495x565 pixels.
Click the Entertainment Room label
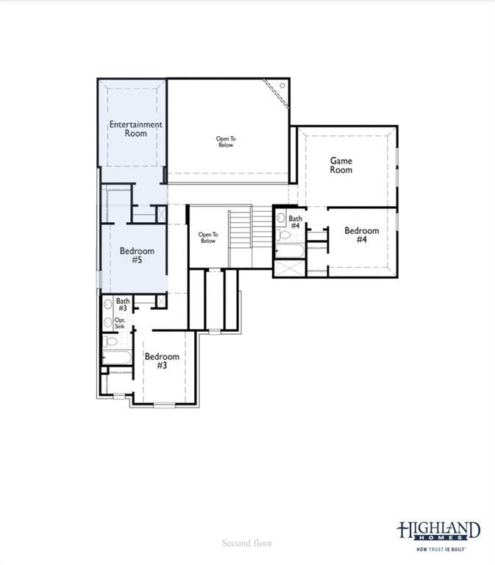(x=135, y=129)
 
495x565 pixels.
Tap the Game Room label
(x=341, y=166)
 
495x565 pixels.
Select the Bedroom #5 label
(x=137, y=255)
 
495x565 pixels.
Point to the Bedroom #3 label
(x=162, y=361)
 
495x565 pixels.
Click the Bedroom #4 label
(x=361, y=235)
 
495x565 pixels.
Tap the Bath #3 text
(x=123, y=305)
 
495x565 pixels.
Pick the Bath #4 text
(x=295, y=222)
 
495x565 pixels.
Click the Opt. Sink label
(x=120, y=323)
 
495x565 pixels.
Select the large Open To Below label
(x=226, y=142)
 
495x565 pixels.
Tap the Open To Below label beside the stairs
(x=208, y=238)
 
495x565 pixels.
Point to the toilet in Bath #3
(x=108, y=341)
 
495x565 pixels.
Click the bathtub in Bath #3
(x=116, y=358)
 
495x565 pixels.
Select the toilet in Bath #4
(x=283, y=235)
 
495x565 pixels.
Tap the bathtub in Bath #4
(x=289, y=252)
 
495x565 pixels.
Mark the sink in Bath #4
(x=281, y=218)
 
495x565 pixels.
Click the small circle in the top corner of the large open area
(x=282, y=86)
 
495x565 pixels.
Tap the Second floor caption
(x=247, y=543)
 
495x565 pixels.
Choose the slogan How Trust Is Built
(x=441, y=549)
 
